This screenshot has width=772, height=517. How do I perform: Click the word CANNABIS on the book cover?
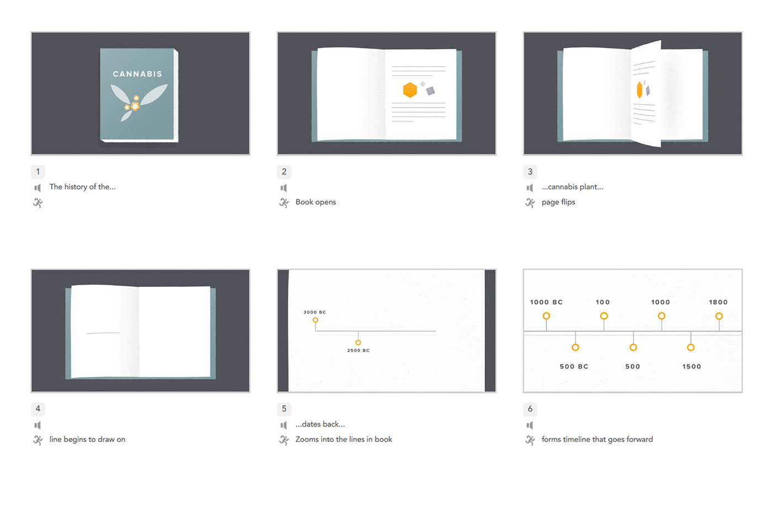137,74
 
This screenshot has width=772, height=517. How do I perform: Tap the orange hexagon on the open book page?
410,90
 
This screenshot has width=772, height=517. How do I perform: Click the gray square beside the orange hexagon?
431,90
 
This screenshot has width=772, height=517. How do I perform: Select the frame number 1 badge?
38,172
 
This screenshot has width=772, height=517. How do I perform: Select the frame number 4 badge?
38,409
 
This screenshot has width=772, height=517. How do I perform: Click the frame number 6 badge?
530,409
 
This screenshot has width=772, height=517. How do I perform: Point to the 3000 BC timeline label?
315,312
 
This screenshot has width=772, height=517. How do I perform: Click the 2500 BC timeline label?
358,350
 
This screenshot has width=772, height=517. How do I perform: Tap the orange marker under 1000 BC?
546,316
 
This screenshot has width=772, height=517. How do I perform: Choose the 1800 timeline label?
718,302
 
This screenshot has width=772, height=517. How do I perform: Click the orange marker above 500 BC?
575,347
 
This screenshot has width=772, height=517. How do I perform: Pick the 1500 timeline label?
691,366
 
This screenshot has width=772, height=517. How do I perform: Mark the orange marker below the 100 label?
604,316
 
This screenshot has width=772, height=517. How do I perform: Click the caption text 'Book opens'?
315,202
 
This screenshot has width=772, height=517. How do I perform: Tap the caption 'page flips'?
558,202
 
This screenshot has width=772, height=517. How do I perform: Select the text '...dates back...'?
320,424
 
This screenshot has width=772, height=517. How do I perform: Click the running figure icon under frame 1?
38,203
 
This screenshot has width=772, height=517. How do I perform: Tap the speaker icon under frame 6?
530,425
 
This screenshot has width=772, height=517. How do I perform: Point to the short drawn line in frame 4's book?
103,333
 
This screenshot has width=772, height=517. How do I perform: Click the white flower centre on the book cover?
135,106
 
